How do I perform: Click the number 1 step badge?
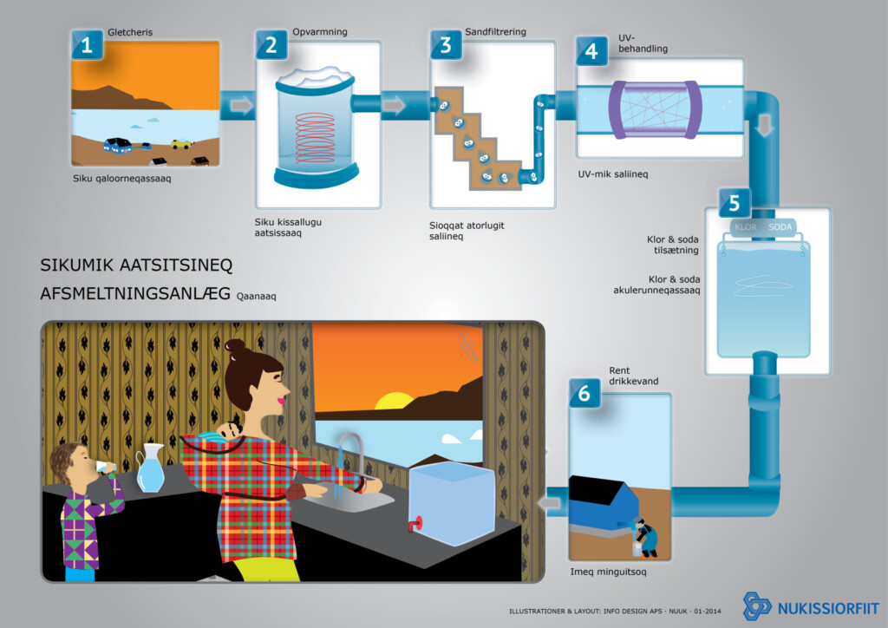click(x=86, y=45)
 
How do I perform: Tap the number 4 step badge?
click(x=591, y=51)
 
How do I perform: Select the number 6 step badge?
click(x=584, y=394)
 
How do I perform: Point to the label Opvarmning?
click(x=320, y=32)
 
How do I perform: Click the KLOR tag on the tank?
click(x=746, y=227)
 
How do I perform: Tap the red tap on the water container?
click(x=417, y=523)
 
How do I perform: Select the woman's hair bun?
click(x=235, y=348)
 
